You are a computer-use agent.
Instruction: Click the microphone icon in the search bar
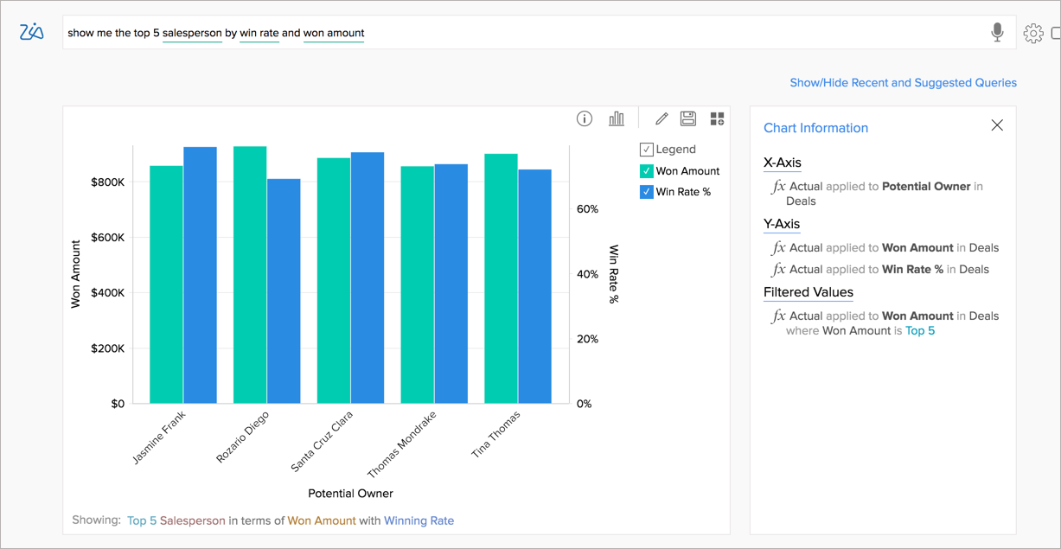pyautogui.click(x=997, y=33)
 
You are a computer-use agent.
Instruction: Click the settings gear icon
pyautogui.click(x=1032, y=34)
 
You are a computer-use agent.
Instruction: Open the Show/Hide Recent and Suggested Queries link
pyautogui.click(x=903, y=83)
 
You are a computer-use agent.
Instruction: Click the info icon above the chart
pyautogui.click(x=585, y=118)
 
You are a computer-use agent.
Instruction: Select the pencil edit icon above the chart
pyautogui.click(x=662, y=118)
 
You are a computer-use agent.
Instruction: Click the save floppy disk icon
pyautogui.click(x=688, y=118)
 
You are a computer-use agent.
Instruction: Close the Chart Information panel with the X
pyautogui.click(x=997, y=125)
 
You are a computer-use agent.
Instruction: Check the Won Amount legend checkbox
pyautogui.click(x=646, y=171)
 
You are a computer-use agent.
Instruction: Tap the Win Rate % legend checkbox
pyautogui.click(x=646, y=192)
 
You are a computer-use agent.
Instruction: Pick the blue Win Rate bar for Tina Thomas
pyautogui.click(x=534, y=286)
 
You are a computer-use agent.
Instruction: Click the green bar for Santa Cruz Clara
pyautogui.click(x=333, y=280)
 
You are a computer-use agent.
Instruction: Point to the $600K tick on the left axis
pyautogui.click(x=107, y=238)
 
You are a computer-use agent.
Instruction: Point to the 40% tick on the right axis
pyautogui.click(x=587, y=274)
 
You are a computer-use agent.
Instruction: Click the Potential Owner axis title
pyautogui.click(x=350, y=494)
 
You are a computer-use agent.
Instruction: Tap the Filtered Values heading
pyautogui.click(x=808, y=292)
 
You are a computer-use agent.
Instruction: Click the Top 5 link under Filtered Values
pyautogui.click(x=919, y=331)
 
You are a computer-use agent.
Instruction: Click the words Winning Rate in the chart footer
pyautogui.click(x=419, y=520)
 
